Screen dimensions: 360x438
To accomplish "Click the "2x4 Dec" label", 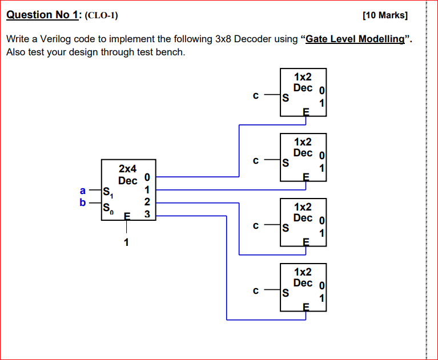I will point(128,175).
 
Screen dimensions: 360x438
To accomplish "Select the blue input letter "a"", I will point(83,191).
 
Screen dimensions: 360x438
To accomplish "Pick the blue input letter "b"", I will point(83,203).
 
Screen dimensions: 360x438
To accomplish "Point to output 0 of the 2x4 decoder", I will point(147,177).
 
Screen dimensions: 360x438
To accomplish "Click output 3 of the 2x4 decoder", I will point(147,215).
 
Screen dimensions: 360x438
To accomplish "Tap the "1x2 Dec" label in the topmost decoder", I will point(303,82).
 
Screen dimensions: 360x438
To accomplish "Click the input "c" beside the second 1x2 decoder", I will point(257,161).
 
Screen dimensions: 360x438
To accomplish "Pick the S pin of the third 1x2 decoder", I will point(285,229).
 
